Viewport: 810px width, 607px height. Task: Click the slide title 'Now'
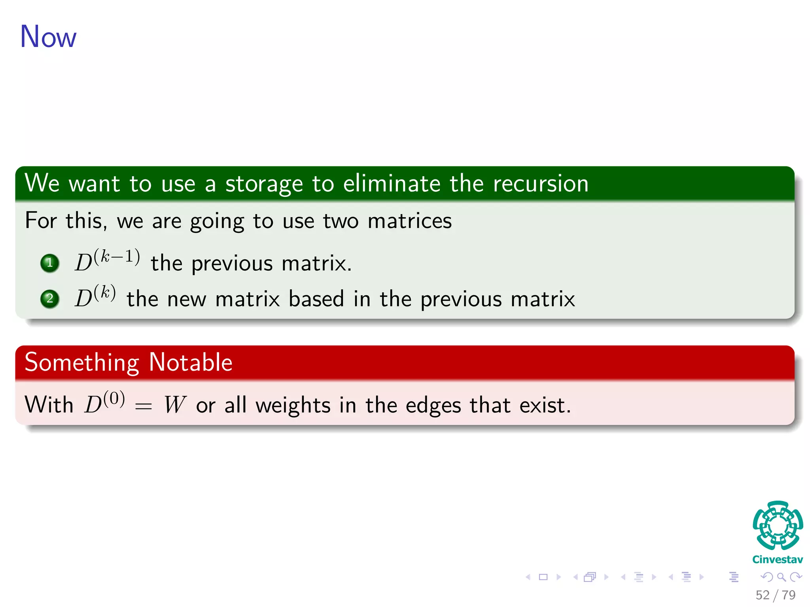click(48, 37)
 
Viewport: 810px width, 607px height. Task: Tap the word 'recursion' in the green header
click(541, 184)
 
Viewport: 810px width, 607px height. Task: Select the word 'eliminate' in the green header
click(392, 184)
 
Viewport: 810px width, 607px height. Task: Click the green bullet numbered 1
click(50, 263)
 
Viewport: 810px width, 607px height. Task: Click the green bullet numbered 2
click(50, 298)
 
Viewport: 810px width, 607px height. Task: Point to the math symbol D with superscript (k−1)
click(107, 260)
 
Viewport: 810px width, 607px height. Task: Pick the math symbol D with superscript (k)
click(95, 296)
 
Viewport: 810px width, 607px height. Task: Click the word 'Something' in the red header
click(82, 363)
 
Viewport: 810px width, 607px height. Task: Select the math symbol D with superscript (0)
click(104, 403)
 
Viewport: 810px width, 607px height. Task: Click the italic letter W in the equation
click(174, 405)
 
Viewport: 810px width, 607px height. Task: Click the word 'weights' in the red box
click(293, 406)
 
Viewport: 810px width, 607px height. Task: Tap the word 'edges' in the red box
click(433, 406)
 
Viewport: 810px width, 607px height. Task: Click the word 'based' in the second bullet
click(316, 299)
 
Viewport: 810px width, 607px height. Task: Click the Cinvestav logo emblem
click(778, 525)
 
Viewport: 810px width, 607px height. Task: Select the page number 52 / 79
click(775, 595)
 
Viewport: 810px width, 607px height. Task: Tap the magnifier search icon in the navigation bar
click(781, 577)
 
